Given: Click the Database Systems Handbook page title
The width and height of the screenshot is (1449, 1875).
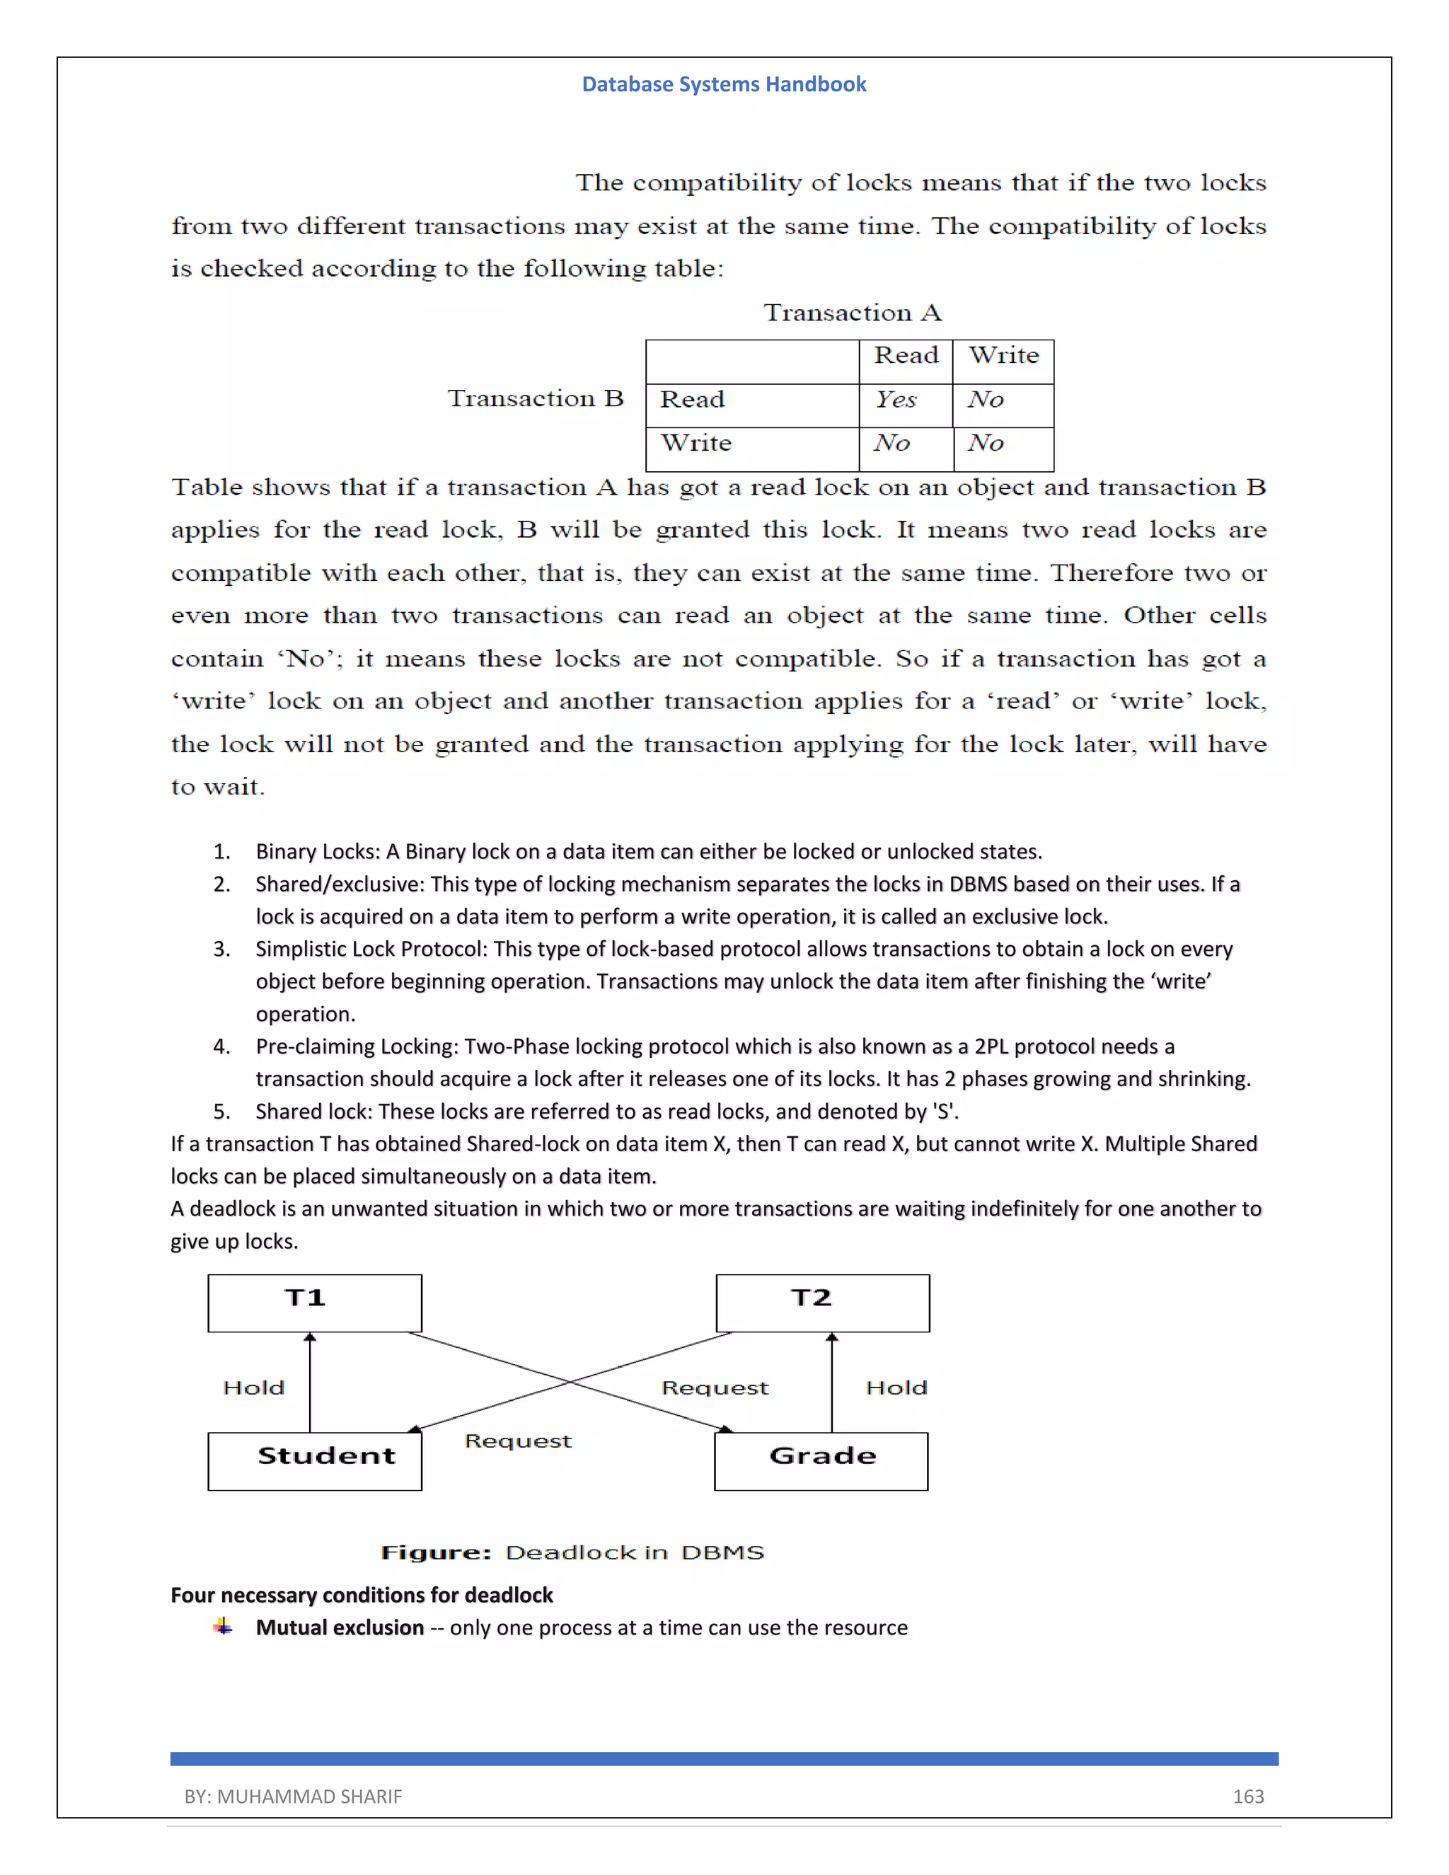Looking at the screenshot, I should click(x=724, y=84).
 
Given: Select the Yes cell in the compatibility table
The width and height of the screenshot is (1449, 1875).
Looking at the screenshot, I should click(x=896, y=400).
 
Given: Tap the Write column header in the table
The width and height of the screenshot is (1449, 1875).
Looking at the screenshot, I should click(x=1003, y=355).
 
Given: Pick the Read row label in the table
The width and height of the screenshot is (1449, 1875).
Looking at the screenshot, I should click(x=692, y=400).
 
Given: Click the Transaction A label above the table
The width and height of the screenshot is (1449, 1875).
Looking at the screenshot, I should click(x=853, y=313).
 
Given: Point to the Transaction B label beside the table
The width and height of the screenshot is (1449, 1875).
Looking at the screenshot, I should click(x=535, y=398).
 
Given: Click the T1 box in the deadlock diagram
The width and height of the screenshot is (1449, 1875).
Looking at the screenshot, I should click(x=314, y=1303).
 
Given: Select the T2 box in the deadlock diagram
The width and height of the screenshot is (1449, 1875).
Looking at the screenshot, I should click(x=822, y=1303).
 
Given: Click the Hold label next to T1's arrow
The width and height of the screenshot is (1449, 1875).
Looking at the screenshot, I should click(x=253, y=1388).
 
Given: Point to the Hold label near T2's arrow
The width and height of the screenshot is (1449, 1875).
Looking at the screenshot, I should click(x=896, y=1388).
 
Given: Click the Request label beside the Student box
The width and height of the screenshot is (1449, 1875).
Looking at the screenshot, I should click(x=518, y=1441).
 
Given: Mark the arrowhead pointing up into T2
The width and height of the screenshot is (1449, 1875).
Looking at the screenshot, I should click(x=831, y=1337).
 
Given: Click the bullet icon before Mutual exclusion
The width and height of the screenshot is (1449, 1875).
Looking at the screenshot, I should click(x=223, y=1626).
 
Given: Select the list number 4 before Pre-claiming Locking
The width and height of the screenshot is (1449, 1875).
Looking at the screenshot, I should click(x=221, y=1046).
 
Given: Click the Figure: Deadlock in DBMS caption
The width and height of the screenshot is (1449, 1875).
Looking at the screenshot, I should click(x=572, y=1552).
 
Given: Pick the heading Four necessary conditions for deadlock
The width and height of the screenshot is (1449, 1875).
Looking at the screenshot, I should click(x=362, y=1595).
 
